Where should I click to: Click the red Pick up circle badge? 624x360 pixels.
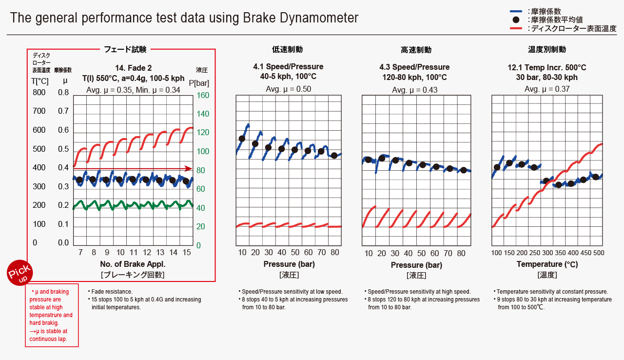click(x=19, y=272)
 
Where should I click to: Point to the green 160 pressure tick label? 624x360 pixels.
click(x=202, y=96)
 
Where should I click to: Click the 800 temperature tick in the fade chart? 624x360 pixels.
click(x=39, y=93)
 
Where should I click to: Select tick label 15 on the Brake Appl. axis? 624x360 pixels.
click(x=187, y=253)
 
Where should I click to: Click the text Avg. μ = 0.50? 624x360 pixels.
click(x=288, y=89)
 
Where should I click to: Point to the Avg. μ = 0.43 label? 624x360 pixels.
click(x=415, y=90)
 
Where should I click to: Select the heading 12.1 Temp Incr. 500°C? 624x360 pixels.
click(x=547, y=67)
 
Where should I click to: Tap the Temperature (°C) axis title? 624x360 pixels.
click(x=547, y=264)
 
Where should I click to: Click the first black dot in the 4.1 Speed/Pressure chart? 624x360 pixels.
click(x=242, y=139)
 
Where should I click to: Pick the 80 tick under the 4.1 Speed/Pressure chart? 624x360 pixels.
click(x=334, y=253)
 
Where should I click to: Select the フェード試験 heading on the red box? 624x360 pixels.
click(x=125, y=49)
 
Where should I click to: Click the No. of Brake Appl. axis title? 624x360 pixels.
click(x=133, y=264)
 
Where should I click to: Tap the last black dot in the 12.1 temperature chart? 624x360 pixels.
click(x=595, y=177)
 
